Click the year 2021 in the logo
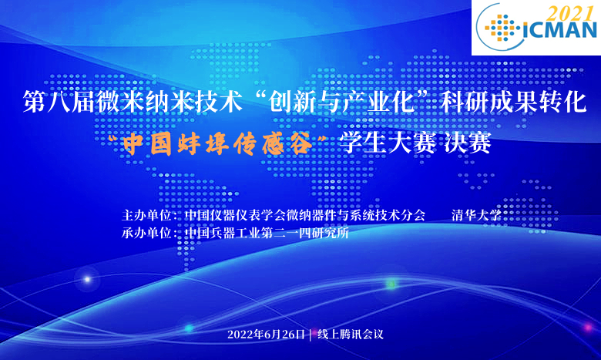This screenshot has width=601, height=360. [569, 13]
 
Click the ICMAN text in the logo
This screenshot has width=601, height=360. [560, 30]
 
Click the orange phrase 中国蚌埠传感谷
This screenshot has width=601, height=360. [218, 144]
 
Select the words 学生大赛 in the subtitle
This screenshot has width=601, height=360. [388, 143]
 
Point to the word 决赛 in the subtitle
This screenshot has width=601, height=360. [468, 143]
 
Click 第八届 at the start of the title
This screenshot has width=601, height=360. [59, 101]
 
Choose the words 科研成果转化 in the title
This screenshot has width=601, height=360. [514, 101]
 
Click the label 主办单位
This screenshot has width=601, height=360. [146, 215]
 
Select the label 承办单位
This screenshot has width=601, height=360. [146, 233]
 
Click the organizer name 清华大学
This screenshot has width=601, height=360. [476, 215]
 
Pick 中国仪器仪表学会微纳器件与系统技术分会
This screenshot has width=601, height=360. [304, 215]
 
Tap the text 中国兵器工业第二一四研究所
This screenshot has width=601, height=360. [267, 233]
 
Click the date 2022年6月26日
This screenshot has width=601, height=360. [267, 335]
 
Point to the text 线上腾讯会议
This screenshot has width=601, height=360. [351, 335]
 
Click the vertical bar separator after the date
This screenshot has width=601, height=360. [311, 335]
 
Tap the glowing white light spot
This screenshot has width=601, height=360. [87, 280]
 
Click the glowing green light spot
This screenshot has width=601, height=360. [391, 284]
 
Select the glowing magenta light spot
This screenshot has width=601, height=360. [588, 328]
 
